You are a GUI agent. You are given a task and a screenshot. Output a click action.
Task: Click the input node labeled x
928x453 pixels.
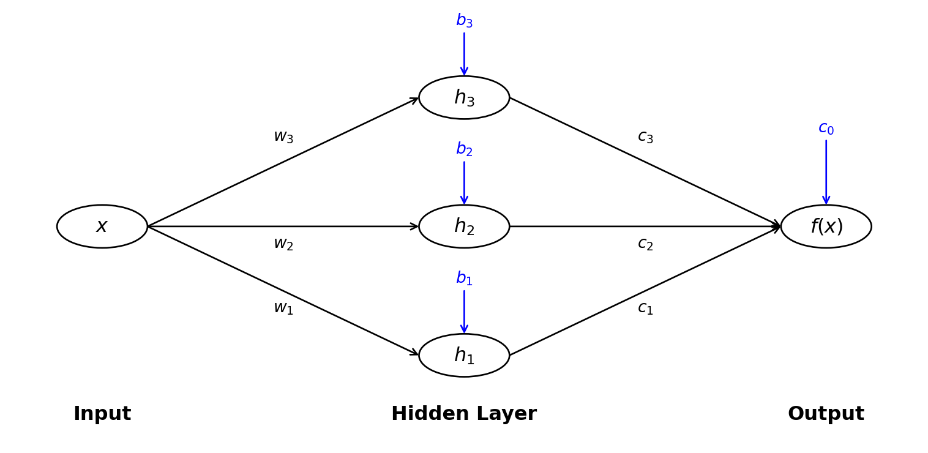pyautogui.click(x=102, y=226)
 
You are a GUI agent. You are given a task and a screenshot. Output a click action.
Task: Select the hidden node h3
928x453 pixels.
pyautogui.click(x=464, y=98)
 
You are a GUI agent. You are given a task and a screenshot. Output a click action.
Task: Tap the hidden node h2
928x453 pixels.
pyautogui.click(x=464, y=226)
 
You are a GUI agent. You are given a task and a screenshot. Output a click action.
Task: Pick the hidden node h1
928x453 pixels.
pyautogui.click(x=464, y=355)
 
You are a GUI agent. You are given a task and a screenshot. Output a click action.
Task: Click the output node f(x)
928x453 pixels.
pyautogui.click(x=826, y=226)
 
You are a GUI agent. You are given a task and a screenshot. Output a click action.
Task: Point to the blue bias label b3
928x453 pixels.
pyautogui.click(x=464, y=21)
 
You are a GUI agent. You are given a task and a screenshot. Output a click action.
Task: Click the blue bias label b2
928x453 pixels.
pyautogui.click(x=464, y=149)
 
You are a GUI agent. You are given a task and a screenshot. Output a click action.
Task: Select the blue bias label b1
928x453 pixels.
pyautogui.click(x=464, y=279)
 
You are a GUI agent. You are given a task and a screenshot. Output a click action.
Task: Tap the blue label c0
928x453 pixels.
pyautogui.click(x=826, y=129)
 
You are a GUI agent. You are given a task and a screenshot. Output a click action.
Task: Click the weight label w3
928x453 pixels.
pyautogui.click(x=283, y=137)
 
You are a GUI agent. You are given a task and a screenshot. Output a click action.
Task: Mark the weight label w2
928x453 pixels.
pyautogui.click(x=283, y=244)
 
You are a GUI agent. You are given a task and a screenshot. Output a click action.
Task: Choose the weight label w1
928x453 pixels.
pyautogui.click(x=283, y=309)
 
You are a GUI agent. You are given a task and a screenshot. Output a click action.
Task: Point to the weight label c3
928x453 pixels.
pyautogui.click(x=645, y=137)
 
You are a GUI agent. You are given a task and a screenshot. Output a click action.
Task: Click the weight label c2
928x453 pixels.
pyautogui.click(x=645, y=244)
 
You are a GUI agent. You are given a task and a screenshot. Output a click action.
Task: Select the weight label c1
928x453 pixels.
pyautogui.click(x=645, y=309)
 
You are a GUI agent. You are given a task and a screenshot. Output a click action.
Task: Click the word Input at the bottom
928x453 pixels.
pyautogui.click(x=102, y=414)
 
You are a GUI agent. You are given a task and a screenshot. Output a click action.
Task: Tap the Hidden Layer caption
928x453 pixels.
pyautogui.click(x=464, y=414)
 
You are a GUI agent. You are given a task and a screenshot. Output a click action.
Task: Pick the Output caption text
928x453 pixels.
pyautogui.click(x=826, y=414)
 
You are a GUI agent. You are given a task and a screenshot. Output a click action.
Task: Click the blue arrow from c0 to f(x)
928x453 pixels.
pyautogui.click(x=826, y=171)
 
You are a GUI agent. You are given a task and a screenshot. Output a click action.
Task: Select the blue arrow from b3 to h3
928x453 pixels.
pyautogui.click(x=464, y=53)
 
